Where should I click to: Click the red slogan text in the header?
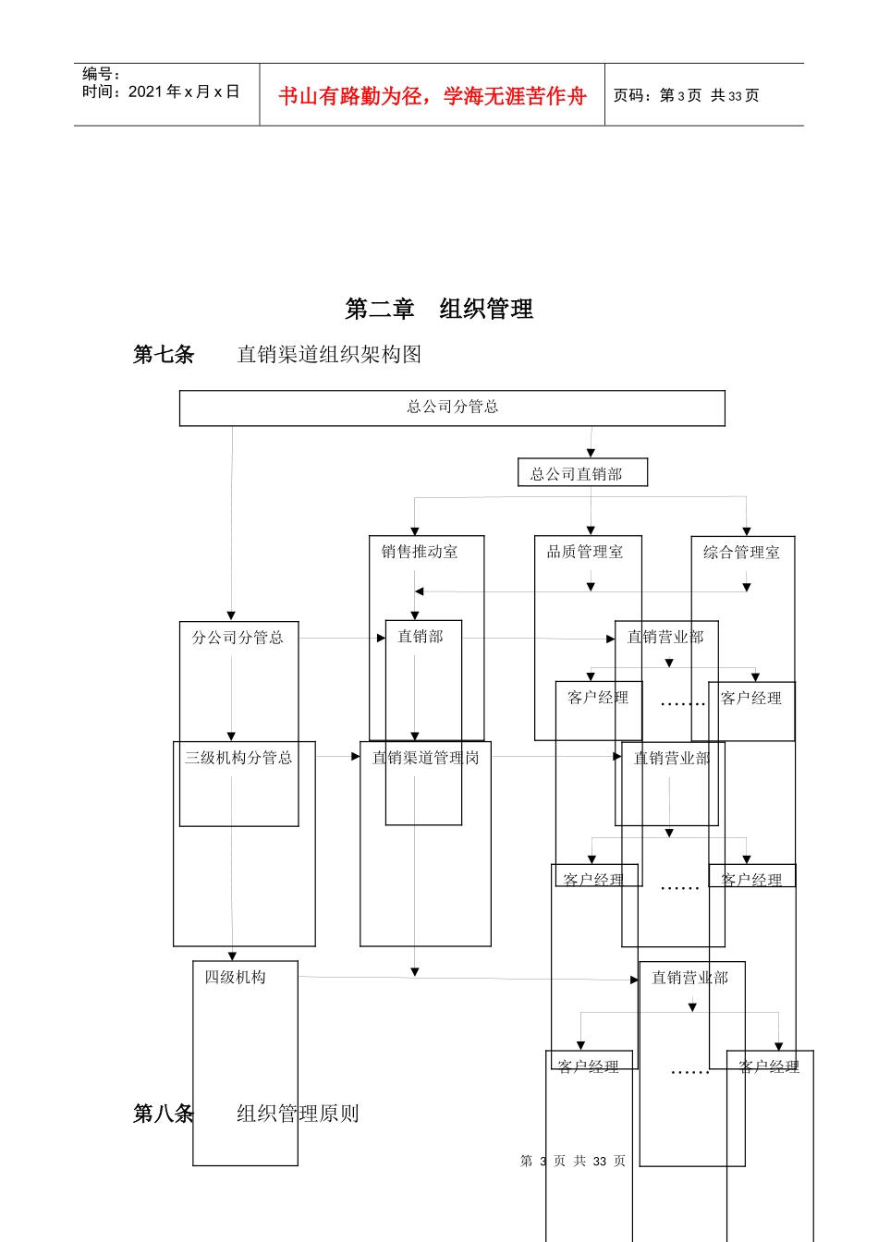click(432, 96)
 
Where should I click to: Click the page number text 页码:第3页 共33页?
click(686, 95)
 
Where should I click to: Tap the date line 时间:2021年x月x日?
click(160, 91)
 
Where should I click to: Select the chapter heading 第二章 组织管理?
click(439, 309)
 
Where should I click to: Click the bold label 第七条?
click(164, 355)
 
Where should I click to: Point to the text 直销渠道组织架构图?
click(329, 355)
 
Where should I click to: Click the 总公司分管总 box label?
click(452, 407)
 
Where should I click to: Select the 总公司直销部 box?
click(582, 473)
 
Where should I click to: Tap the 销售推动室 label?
click(420, 552)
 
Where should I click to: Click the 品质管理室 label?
click(585, 552)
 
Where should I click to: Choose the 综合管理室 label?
click(741, 553)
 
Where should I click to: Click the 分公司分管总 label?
click(238, 638)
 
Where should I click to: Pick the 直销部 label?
click(421, 637)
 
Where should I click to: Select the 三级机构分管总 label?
click(238, 758)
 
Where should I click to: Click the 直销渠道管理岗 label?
click(425, 758)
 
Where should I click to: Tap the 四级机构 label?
click(235, 977)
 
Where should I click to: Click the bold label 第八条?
click(164, 1114)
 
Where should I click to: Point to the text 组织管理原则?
click(298, 1114)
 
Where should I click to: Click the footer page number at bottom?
click(573, 1161)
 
